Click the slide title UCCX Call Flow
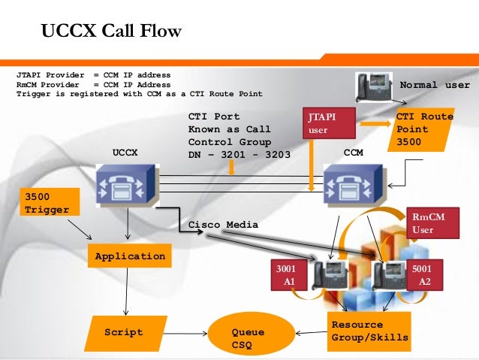pyautogui.click(x=111, y=32)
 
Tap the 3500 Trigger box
pyautogui.click(x=50, y=203)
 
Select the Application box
pyautogui.click(x=130, y=256)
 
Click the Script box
pyautogui.click(x=124, y=332)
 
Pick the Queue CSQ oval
pyautogui.click(x=248, y=337)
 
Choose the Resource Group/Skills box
pyautogui.click(x=369, y=331)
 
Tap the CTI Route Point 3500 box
pyautogui.click(x=424, y=129)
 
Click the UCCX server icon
pyautogui.click(x=125, y=186)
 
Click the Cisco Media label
pyautogui.click(x=223, y=225)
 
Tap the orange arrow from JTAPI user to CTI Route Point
pyautogui.click(x=374, y=123)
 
